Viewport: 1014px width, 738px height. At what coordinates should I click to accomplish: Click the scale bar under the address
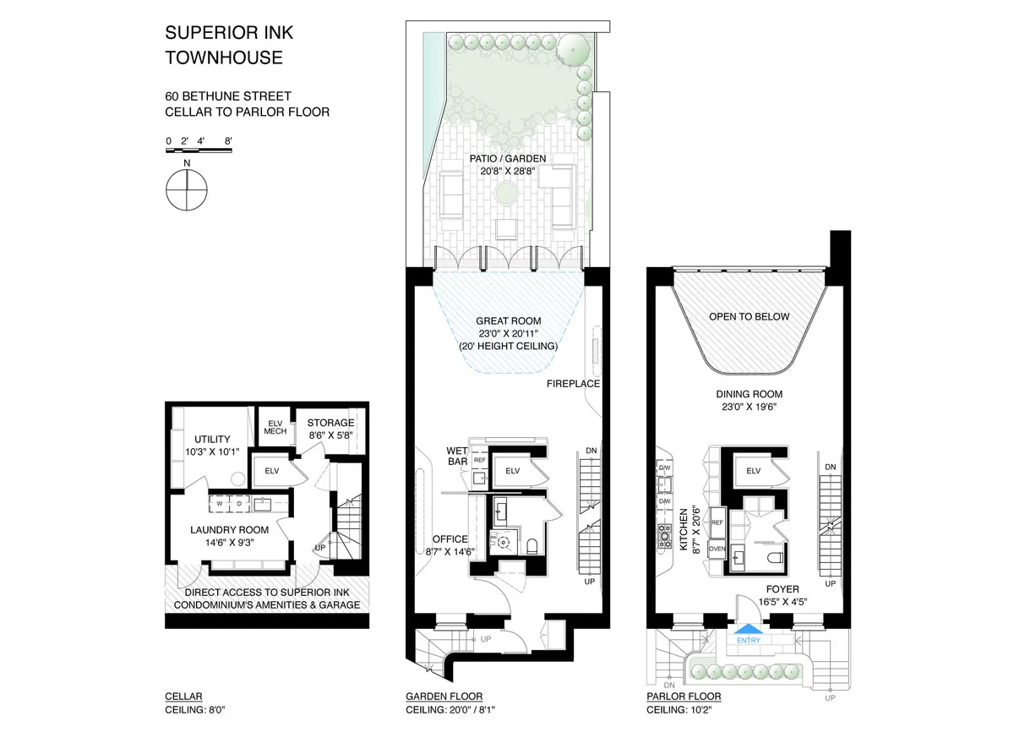(x=199, y=150)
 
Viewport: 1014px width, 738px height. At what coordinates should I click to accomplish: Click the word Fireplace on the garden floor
(x=573, y=384)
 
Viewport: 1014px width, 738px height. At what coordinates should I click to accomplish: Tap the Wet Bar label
(x=458, y=456)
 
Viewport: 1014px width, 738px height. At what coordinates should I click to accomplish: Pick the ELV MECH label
(x=275, y=427)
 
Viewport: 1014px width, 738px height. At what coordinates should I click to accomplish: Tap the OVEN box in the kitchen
(x=717, y=548)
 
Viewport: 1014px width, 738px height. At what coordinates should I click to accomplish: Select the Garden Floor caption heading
(x=444, y=697)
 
